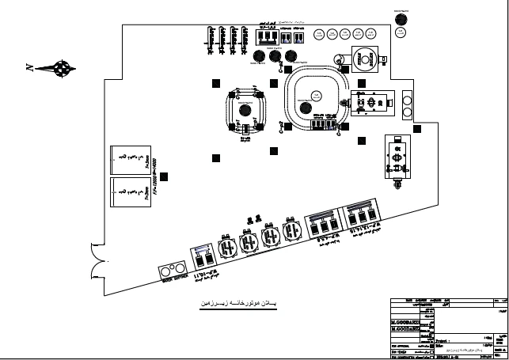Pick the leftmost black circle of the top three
pyautogui.click(x=260, y=56)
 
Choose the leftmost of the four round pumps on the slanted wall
pyautogui.click(x=226, y=245)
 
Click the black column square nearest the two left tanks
pyautogui.click(x=215, y=155)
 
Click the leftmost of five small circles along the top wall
pyautogui.click(x=318, y=35)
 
